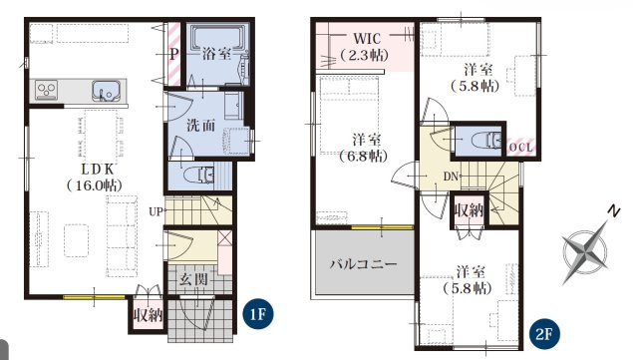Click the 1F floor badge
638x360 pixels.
tap(258, 314)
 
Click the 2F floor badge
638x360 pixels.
tap(544, 335)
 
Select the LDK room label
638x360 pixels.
tap(98, 169)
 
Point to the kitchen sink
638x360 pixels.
tap(106, 91)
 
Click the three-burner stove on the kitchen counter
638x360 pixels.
tap(46, 90)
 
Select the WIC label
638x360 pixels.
tap(367, 39)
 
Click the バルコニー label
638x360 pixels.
tap(363, 264)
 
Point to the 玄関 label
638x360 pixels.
tap(194, 279)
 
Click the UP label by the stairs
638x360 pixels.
tap(156, 211)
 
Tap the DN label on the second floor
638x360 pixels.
tap(451, 177)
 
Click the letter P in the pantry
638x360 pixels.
tap(174, 54)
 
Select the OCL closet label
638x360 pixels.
tap(520, 148)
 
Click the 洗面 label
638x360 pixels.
tap(201, 126)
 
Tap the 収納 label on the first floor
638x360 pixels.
tap(149, 315)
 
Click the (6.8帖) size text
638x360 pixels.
tap(363, 156)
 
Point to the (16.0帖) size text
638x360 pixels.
tap(95, 185)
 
